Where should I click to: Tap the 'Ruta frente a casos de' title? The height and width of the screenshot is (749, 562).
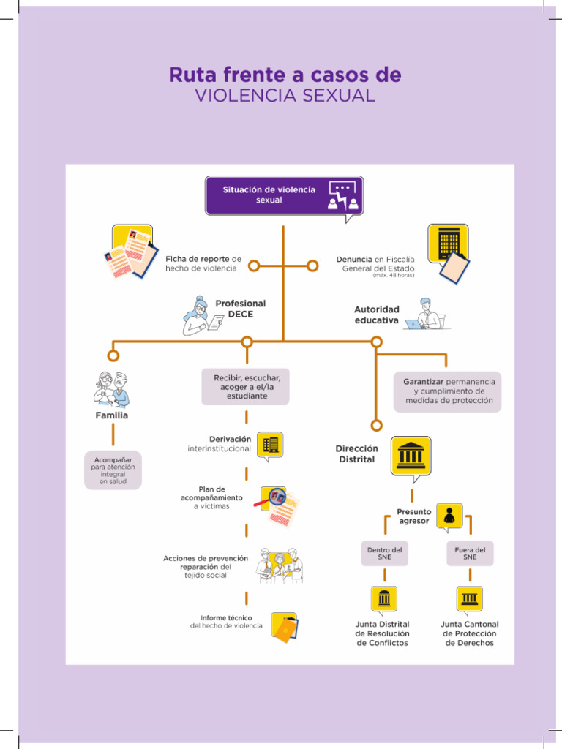pyautogui.click(x=285, y=75)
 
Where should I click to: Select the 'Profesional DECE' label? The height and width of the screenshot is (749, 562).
pyautogui.click(x=240, y=309)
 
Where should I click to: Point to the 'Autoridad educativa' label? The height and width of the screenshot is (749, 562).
pyautogui.click(x=377, y=315)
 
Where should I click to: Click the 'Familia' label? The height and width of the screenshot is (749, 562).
pyautogui.click(x=111, y=415)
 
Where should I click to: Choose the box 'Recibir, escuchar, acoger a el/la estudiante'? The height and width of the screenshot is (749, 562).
pyautogui.click(x=246, y=386)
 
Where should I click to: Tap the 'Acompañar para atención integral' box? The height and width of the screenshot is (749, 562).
pyautogui.click(x=113, y=470)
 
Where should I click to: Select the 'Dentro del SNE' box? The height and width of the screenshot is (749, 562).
pyautogui.click(x=384, y=553)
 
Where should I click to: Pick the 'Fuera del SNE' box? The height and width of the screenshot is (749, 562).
pyautogui.click(x=470, y=553)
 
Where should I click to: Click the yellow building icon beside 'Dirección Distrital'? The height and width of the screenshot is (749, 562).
pyautogui.click(x=411, y=455)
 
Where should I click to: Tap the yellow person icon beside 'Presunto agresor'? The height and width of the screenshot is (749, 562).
pyautogui.click(x=449, y=516)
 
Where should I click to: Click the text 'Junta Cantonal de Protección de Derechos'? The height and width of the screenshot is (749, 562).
pyautogui.click(x=469, y=633)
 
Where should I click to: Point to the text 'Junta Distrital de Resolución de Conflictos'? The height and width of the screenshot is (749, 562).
pyautogui.click(x=382, y=633)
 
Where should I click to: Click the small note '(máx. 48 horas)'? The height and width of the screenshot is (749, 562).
pyautogui.click(x=393, y=276)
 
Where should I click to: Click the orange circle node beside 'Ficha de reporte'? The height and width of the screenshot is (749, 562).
pyautogui.click(x=254, y=266)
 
